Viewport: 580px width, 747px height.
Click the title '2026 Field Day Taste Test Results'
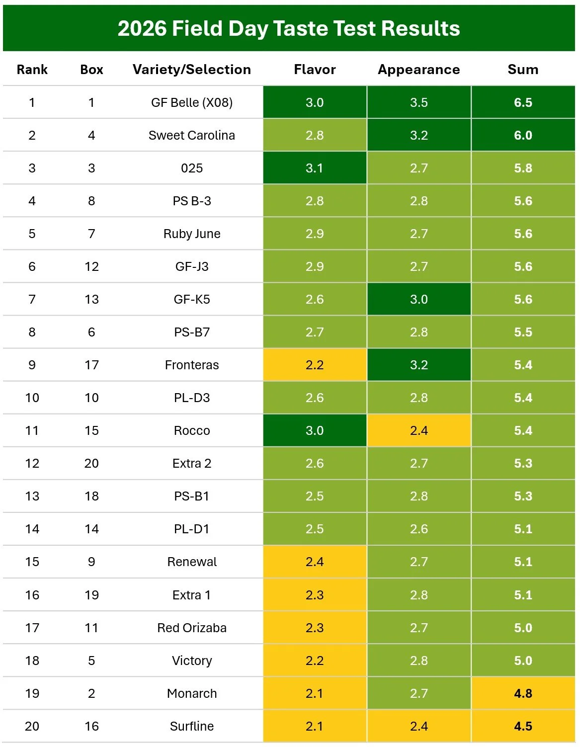[x=289, y=28]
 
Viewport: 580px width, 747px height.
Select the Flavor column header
[x=315, y=70]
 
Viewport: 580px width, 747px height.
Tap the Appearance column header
[x=419, y=70]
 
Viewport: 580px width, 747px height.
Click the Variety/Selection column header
[x=192, y=70]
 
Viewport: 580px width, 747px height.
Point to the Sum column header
[x=523, y=70]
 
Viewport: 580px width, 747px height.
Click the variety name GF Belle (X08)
[x=192, y=102]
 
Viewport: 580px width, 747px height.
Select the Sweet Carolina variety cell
[x=192, y=135]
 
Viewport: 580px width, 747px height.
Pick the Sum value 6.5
[x=523, y=102]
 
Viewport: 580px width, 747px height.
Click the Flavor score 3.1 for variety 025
[x=315, y=168]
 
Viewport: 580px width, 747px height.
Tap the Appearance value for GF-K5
[x=419, y=299]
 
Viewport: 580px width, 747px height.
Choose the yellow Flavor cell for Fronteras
[x=315, y=365]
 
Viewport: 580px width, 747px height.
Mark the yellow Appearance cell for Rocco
[x=419, y=430]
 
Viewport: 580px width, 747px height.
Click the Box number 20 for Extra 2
[x=91, y=463]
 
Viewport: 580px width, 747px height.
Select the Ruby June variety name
[x=192, y=234]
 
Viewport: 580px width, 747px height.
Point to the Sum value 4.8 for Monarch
[x=523, y=693]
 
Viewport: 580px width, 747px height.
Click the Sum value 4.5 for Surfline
[x=523, y=726]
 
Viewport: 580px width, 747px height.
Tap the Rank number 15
[x=32, y=562]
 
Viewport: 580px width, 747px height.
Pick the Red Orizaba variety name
[x=192, y=628]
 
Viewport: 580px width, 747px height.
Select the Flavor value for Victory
[x=315, y=661]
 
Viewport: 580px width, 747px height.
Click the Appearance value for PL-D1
[x=419, y=529]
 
